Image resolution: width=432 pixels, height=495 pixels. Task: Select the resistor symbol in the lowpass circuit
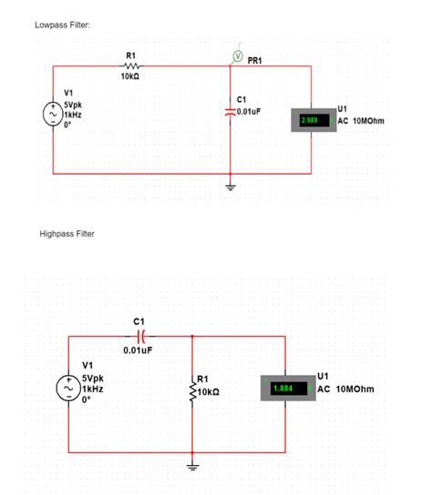[x=130, y=66]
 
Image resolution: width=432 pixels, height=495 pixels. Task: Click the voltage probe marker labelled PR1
[x=237, y=56]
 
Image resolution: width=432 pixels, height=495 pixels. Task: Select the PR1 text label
[x=255, y=60]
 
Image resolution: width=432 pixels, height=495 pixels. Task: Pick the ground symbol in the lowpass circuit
[x=231, y=187]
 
